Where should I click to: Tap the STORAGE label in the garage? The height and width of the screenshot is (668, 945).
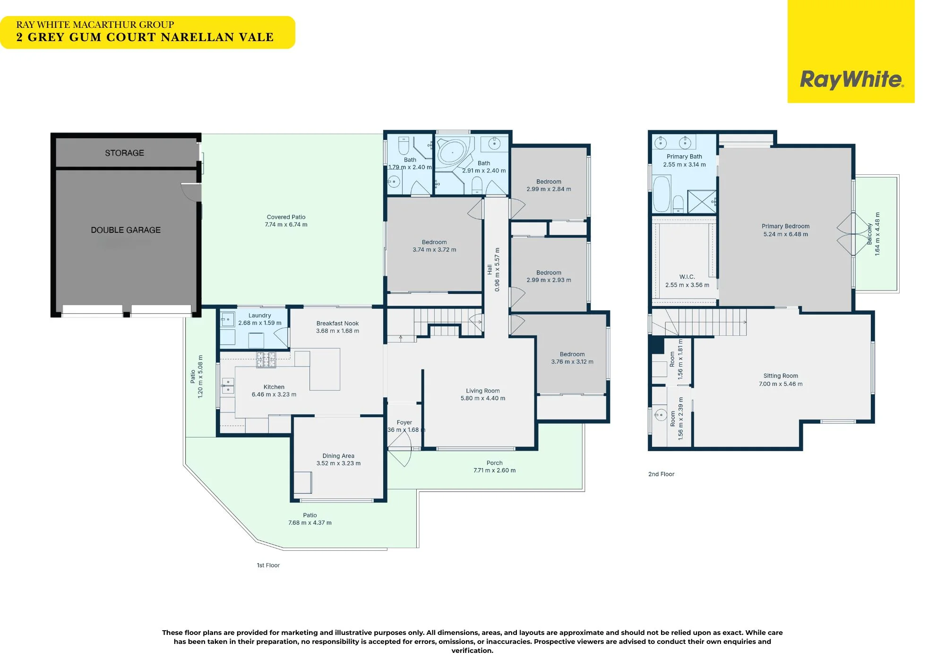[x=124, y=153]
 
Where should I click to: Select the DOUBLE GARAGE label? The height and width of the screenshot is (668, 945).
[x=126, y=230]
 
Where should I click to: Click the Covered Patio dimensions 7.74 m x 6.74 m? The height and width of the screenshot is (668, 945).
[x=286, y=225]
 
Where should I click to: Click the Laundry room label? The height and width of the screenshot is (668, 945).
[x=260, y=316]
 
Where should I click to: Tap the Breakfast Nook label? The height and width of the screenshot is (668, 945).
[x=337, y=324]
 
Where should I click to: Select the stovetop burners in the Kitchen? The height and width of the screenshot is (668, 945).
[x=266, y=360]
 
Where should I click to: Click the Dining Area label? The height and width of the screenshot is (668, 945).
[x=338, y=456]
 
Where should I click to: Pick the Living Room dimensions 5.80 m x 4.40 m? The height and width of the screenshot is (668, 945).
[x=483, y=398]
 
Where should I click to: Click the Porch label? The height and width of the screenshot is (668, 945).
[x=495, y=463]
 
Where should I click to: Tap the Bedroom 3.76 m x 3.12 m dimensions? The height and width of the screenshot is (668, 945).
[x=572, y=362]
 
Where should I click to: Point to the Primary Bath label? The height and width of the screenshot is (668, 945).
[x=684, y=156]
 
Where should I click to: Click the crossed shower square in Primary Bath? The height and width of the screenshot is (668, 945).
[x=702, y=202]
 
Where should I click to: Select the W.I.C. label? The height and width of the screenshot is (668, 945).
[x=687, y=277]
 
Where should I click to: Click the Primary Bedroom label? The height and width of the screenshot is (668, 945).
[x=785, y=226]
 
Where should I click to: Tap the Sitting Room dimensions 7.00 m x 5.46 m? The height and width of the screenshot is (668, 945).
[x=781, y=384]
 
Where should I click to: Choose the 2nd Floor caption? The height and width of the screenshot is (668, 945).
[x=661, y=474]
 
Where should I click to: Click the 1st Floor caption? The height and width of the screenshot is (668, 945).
[x=268, y=565]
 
